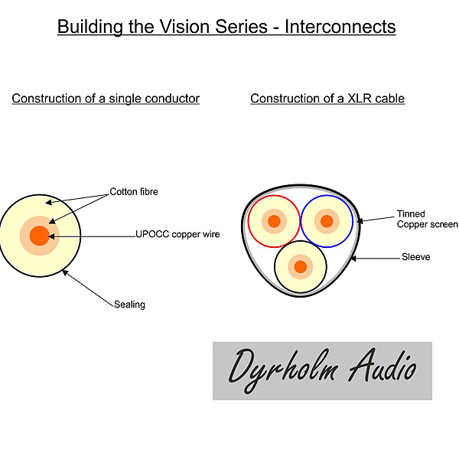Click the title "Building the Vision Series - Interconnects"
226,27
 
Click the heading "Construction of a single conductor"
106,99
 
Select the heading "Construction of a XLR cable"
327,99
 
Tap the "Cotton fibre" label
134,192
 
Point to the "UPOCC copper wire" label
177,234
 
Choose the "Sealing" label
129,304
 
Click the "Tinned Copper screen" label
428,219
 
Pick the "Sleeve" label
415,257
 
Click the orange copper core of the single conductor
40,236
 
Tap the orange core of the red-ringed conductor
274,221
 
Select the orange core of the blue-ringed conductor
327,221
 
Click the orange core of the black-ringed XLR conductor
301,267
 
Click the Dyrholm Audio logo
322,370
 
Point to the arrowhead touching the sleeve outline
353,259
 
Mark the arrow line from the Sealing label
88,288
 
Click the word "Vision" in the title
184,27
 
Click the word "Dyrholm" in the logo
283,370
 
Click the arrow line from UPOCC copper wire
92,236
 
